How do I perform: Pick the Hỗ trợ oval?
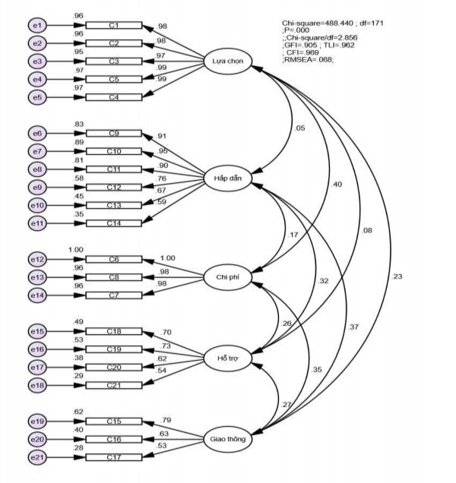point(229,357)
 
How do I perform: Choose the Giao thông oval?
point(229,438)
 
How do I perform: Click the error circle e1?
point(36,26)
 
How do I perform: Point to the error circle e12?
point(36,260)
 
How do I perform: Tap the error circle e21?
point(36,457)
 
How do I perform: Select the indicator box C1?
point(114,26)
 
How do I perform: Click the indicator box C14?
point(114,223)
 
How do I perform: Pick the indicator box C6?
point(114,260)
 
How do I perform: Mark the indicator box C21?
point(114,385)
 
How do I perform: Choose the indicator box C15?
point(114,421)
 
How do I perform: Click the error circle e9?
point(36,187)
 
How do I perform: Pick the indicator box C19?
point(114,349)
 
